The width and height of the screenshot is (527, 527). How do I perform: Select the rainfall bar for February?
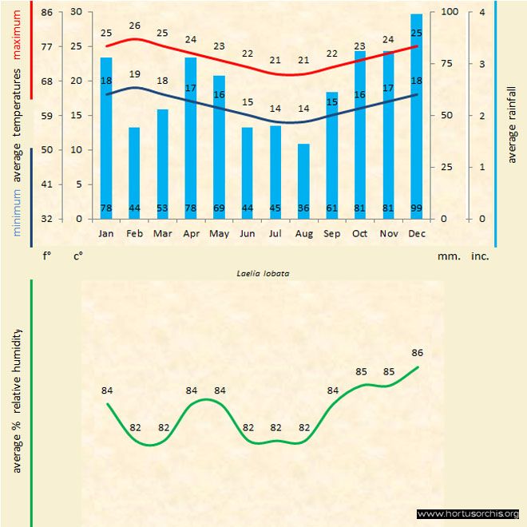point(134,172)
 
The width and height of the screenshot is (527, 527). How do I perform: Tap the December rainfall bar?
point(417,116)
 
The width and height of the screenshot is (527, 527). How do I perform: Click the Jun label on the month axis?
point(248,233)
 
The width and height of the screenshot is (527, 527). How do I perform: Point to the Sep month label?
point(331,233)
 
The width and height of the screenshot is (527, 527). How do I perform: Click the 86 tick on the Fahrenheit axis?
point(47,12)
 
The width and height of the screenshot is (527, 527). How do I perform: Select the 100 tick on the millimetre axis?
point(450,12)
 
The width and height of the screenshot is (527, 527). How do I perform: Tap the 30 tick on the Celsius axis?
point(76,12)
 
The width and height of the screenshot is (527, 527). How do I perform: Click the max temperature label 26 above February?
point(134,26)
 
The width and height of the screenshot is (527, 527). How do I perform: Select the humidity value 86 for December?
point(417,352)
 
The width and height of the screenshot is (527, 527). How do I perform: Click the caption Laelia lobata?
point(263,272)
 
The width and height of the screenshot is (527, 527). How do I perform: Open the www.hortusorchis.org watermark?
point(468,513)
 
